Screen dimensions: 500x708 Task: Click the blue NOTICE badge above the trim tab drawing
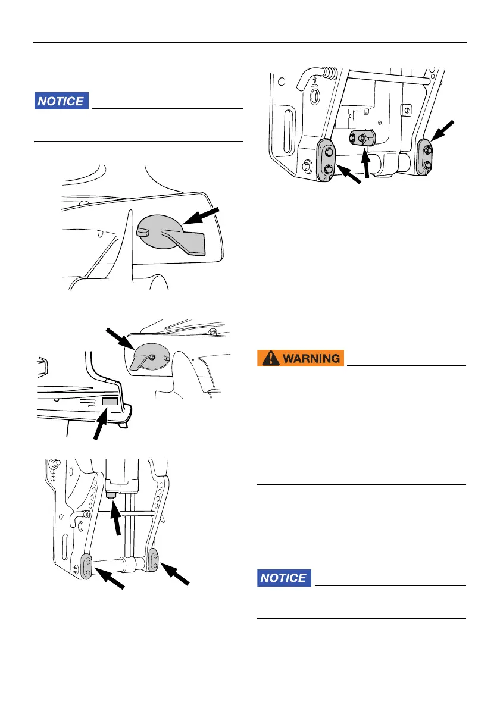[x=61, y=101]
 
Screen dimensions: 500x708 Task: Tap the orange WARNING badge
[x=301, y=359]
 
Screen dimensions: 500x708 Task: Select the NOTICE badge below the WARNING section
[x=284, y=578]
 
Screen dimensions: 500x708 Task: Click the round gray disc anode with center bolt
[x=151, y=357]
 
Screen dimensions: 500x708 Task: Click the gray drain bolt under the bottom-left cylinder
[x=111, y=495]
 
